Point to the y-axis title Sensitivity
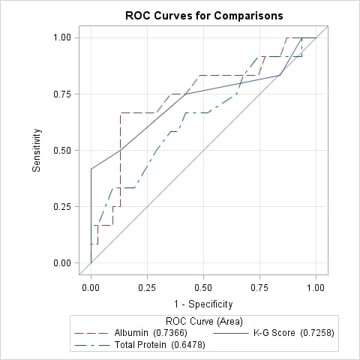[36, 150]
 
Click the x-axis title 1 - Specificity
[203, 304]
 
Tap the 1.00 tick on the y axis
[62, 37]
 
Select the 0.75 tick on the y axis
[62, 94]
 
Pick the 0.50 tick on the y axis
[62, 150]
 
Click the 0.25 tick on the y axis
[62, 206]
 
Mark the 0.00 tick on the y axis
[62, 262]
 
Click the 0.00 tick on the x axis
[91, 286]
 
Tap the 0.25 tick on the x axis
[147, 286]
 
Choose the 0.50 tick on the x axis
[203, 286]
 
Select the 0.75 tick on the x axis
[259, 286]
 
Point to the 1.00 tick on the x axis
[316, 286]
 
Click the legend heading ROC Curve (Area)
[203, 321]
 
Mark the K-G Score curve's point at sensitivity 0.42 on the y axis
[91, 169]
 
